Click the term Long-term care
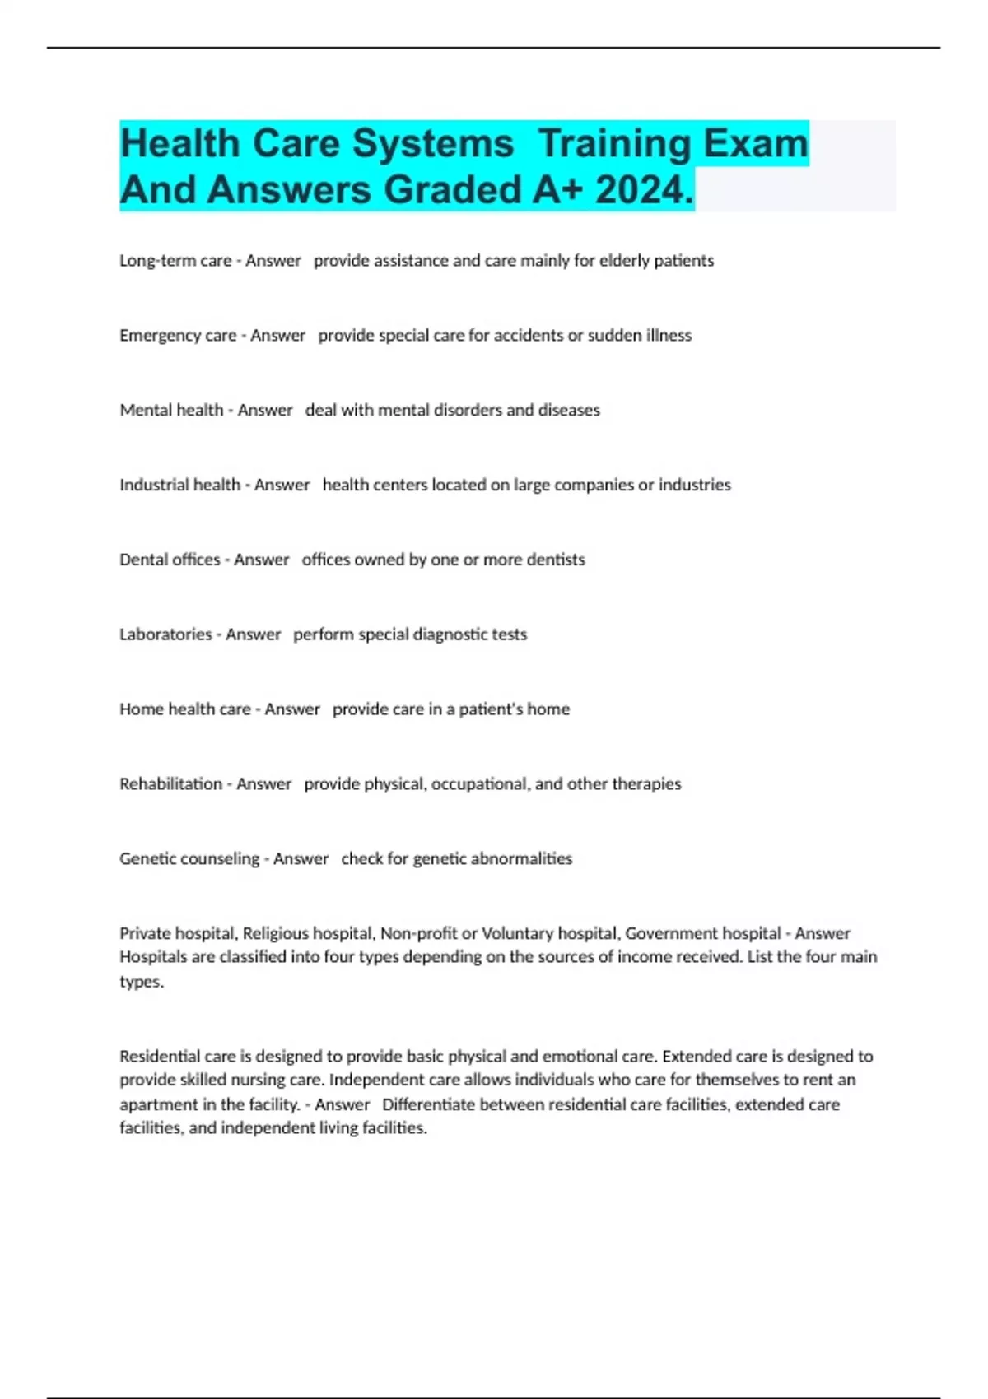[175, 261]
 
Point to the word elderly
[624, 261]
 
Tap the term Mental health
[171, 410]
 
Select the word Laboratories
[165, 634]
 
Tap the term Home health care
[185, 709]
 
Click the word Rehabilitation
[170, 784]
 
